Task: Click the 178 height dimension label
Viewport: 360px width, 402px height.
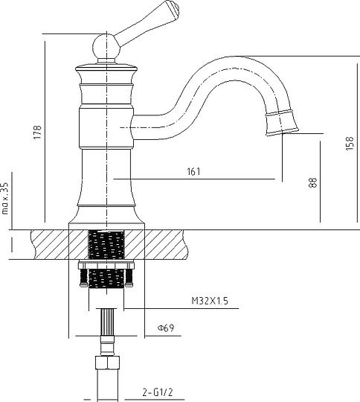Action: [37, 132]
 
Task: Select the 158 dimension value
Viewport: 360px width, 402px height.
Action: [350, 143]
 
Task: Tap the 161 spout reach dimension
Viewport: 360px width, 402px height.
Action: [193, 171]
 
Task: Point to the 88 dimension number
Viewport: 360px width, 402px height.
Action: [313, 182]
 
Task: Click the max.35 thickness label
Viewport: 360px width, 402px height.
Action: [5, 198]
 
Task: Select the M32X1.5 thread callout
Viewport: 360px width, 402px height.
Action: [210, 301]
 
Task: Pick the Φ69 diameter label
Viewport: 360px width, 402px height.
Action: [166, 328]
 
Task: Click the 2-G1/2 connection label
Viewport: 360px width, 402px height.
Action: [158, 392]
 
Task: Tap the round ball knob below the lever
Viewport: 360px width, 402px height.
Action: [106, 48]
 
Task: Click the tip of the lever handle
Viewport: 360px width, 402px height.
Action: [176, 7]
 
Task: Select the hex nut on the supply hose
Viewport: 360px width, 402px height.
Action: [107, 363]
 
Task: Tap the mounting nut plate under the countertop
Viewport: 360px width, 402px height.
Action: [106, 264]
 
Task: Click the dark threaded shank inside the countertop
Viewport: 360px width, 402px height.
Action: [106, 245]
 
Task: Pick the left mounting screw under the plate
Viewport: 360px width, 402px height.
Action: [83, 278]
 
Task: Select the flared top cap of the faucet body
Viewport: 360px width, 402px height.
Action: [106, 68]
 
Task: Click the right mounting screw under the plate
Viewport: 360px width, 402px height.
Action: [129, 278]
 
